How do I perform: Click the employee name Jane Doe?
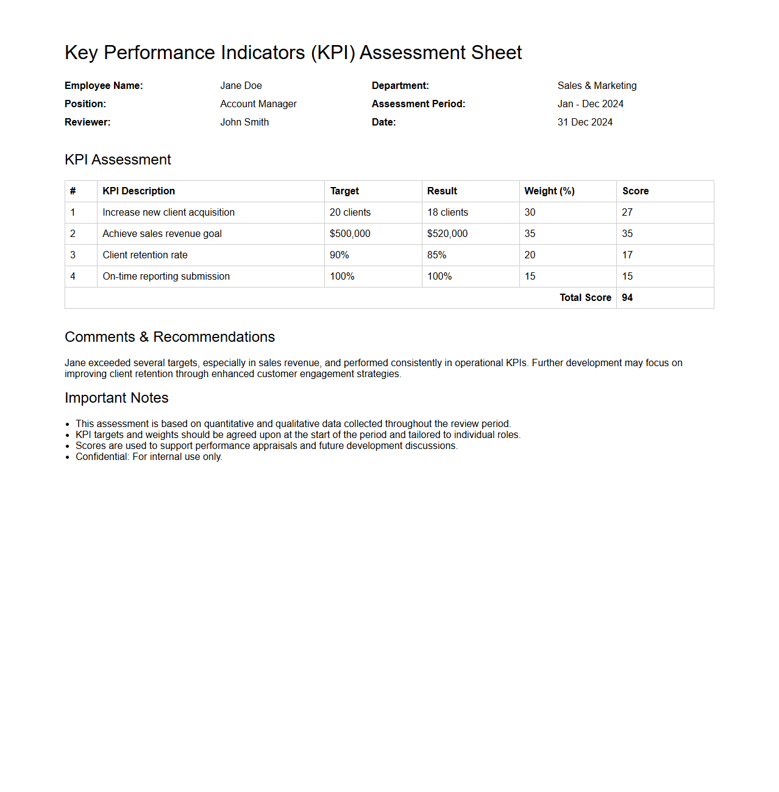241,86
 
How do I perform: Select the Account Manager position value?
258,104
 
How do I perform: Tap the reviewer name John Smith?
244,122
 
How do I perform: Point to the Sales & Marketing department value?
597,86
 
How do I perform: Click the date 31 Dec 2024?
585,122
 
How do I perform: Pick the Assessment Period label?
418,104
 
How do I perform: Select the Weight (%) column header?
549,191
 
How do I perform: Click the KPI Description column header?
138,191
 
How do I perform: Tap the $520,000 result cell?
447,234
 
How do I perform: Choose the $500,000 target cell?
350,234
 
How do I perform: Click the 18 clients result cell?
447,213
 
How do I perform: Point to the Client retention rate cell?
145,255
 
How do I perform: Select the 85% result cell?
436,255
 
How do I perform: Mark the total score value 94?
627,298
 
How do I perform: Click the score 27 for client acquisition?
627,213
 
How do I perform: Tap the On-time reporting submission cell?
166,277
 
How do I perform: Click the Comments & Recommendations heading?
169,337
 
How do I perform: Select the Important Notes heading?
116,398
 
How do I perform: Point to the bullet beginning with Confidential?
149,457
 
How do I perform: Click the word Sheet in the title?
496,53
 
